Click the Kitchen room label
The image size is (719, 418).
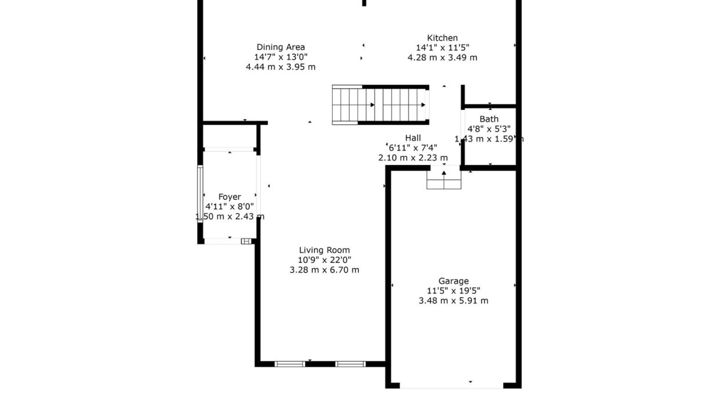pyautogui.click(x=442, y=38)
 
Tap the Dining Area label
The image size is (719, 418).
pyautogui.click(x=281, y=47)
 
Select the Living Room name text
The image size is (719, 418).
pyautogui.click(x=324, y=250)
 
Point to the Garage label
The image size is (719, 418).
pyautogui.click(x=453, y=281)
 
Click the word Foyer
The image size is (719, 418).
pyautogui.click(x=230, y=197)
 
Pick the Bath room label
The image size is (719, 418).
pyautogui.click(x=489, y=119)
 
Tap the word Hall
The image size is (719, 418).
pyautogui.click(x=413, y=138)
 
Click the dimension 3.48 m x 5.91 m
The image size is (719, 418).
pyautogui.click(x=453, y=301)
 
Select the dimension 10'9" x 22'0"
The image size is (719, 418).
pyautogui.click(x=324, y=260)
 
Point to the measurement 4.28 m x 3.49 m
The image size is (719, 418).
pyautogui.click(x=442, y=57)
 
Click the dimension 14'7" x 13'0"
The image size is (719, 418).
pyautogui.click(x=281, y=57)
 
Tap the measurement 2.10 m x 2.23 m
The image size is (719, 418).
pyautogui.click(x=413, y=158)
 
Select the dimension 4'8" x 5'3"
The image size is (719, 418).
pyautogui.click(x=489, y=129)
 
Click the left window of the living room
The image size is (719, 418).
pyautogui.click(x=290, y=364)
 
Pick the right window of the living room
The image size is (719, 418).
pyautogui.click(x=350, y=364)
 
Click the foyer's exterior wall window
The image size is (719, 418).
pyautogui.click(x=200, y=194)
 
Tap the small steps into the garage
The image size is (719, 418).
pyautogui.click(x=444, y=179)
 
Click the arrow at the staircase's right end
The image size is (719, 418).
pyautogui.click(x=423, y=105)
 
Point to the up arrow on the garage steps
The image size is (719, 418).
pyautogui.click(x=444, y=173)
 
